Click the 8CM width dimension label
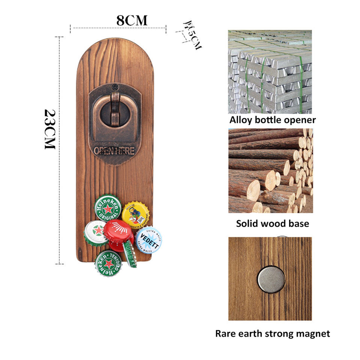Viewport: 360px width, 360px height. [x=132, y=20]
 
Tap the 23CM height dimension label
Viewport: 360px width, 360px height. [x=50, y=129]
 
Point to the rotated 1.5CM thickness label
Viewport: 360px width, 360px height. [x=192, y=35]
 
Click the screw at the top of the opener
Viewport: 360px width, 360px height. [x=115, y=87]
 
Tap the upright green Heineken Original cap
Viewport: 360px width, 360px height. [x=108, y=207]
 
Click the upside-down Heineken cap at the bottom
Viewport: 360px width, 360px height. [x=108, y=263]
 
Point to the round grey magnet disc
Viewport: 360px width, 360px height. [x=271, y=279]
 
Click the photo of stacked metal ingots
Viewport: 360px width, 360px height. [x=270, y=72]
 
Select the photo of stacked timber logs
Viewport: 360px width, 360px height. [x=270, y=171]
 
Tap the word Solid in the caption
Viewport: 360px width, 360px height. [x=248, y=224]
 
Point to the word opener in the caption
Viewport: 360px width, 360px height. [x=301, y=120]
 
